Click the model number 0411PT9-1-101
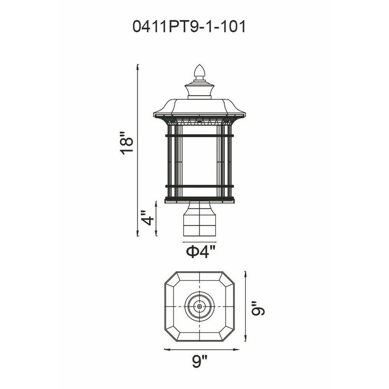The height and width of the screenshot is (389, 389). click(189, 27)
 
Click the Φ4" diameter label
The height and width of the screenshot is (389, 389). click(200, 252)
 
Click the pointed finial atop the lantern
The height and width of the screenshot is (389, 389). click(200, 71)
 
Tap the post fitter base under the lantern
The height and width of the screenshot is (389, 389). click(200, 219)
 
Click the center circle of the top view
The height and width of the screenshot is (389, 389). click(200, 307)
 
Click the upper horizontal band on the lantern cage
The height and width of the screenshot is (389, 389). click(200, 136)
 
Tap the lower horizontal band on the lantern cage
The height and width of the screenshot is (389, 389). click(200, 186)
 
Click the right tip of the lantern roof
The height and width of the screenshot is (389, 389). click(245, 114)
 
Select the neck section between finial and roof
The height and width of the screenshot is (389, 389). click(200, 91)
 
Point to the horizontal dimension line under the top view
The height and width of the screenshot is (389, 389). click(202, 349)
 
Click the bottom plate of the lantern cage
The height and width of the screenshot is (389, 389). click(200, 200)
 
